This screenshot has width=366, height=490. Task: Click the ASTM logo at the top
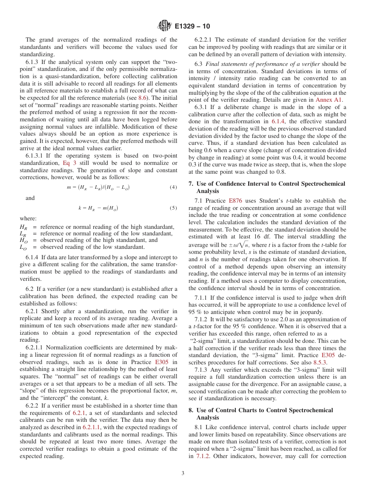165,26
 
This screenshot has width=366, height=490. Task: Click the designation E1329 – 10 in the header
192,27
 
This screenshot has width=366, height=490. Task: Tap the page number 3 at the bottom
183,473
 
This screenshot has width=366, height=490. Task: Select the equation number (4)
173,188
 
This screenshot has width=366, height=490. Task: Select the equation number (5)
173,208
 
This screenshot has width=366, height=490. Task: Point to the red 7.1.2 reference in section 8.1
203,456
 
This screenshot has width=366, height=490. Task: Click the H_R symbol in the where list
23,227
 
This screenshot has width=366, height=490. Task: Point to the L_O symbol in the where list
23,247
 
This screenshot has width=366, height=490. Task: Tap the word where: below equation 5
28,218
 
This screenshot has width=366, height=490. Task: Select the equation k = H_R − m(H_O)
98,208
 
